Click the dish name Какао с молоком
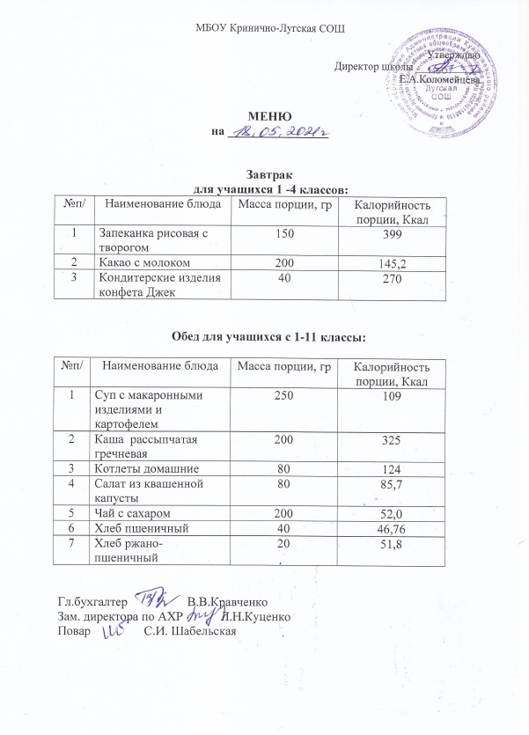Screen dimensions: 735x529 (x=137, y=262)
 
